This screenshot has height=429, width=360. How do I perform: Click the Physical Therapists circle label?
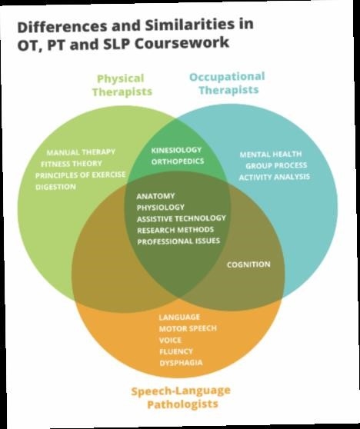[x=122, y=85]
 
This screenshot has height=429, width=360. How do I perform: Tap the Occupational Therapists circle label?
[x=227, y=83]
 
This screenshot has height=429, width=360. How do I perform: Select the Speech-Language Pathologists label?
[x=181, y=397]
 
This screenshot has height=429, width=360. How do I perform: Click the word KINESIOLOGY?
[x=176, y=150]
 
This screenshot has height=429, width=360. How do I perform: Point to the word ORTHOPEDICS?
[x=178, y=161]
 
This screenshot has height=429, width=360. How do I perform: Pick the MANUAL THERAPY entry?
[x=81, y=152]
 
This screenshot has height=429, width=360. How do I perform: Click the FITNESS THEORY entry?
[x=72, y=164]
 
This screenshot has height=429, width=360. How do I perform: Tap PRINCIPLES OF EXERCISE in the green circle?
[x=81, y=175]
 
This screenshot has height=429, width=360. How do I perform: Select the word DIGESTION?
[x=56, y=187]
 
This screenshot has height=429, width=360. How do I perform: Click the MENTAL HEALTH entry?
[x=271, y=155]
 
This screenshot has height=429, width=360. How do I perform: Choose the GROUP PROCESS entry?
[x=276, y=166]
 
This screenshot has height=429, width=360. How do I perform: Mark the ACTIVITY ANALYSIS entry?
[x=275, y=177]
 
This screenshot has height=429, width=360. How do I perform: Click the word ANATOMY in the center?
[x=155, y=196]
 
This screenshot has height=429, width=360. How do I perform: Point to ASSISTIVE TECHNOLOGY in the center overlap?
[x=182, y=218]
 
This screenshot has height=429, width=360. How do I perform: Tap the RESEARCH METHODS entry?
[x=175, y=230]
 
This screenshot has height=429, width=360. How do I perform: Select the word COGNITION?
[x=248, y=264]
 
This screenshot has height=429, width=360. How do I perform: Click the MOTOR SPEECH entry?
[x=188, y=328]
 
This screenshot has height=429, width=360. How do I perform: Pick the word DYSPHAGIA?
[x=182, y=363]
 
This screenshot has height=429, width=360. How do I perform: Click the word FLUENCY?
[x=176, y=351]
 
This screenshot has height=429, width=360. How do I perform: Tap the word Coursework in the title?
[x=182, y=44]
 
